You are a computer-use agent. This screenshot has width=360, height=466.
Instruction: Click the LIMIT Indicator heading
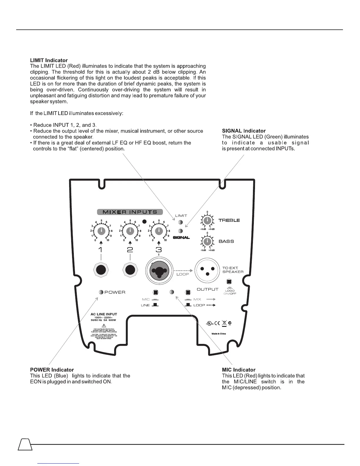pyautogui.click(x=49, y=60)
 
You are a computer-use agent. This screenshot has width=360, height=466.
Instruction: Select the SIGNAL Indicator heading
pyautogui.click(x=244, y=131)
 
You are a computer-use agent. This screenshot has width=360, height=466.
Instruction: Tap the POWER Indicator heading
pyautogui.click(x=52, y=370)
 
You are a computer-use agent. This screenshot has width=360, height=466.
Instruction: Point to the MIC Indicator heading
pyautogui.click(x=239, y=370)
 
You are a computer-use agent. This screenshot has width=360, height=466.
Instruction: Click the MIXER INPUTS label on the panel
pyautogui.click(x=130, y=212)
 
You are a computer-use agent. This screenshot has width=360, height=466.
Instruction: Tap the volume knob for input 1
pyautogui.click(x=101, y=231)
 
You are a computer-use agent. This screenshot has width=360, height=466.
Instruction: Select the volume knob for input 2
pyautogui.click(x=130, y=231)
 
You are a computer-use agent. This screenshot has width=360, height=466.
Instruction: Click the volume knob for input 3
pyautogui.click(x=159, y=231)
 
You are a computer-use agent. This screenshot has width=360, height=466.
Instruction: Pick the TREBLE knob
pyautogui.click(x=207, y=220)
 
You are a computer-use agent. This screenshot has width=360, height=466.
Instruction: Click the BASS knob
pyautogui.click(x=207, y=242)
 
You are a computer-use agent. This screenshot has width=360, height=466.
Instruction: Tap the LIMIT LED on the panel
pyautogui.click(x=181, y=223)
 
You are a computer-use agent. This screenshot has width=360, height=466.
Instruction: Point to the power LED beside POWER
pyautogui.click(x=101, y=292)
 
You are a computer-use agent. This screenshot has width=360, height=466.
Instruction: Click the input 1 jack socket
pyautogui.click(x=101, y=270)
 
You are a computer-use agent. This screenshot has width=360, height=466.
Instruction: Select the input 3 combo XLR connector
pyautogui.click(x=159, y=270)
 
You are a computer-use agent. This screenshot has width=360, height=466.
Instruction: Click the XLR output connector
pyautogui.click(x=207, y=270)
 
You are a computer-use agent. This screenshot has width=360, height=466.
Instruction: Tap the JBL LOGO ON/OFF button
pyautogui.click(x=229, y=282)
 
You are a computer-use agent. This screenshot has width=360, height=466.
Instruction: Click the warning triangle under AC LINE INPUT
pyautogui.click(x=104, y=326)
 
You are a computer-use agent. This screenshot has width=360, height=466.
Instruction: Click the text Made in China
pyautogui.click(x=219, y=334)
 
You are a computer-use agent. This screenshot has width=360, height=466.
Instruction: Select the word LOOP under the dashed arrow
pyautogui.click(x=182, y=274)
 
